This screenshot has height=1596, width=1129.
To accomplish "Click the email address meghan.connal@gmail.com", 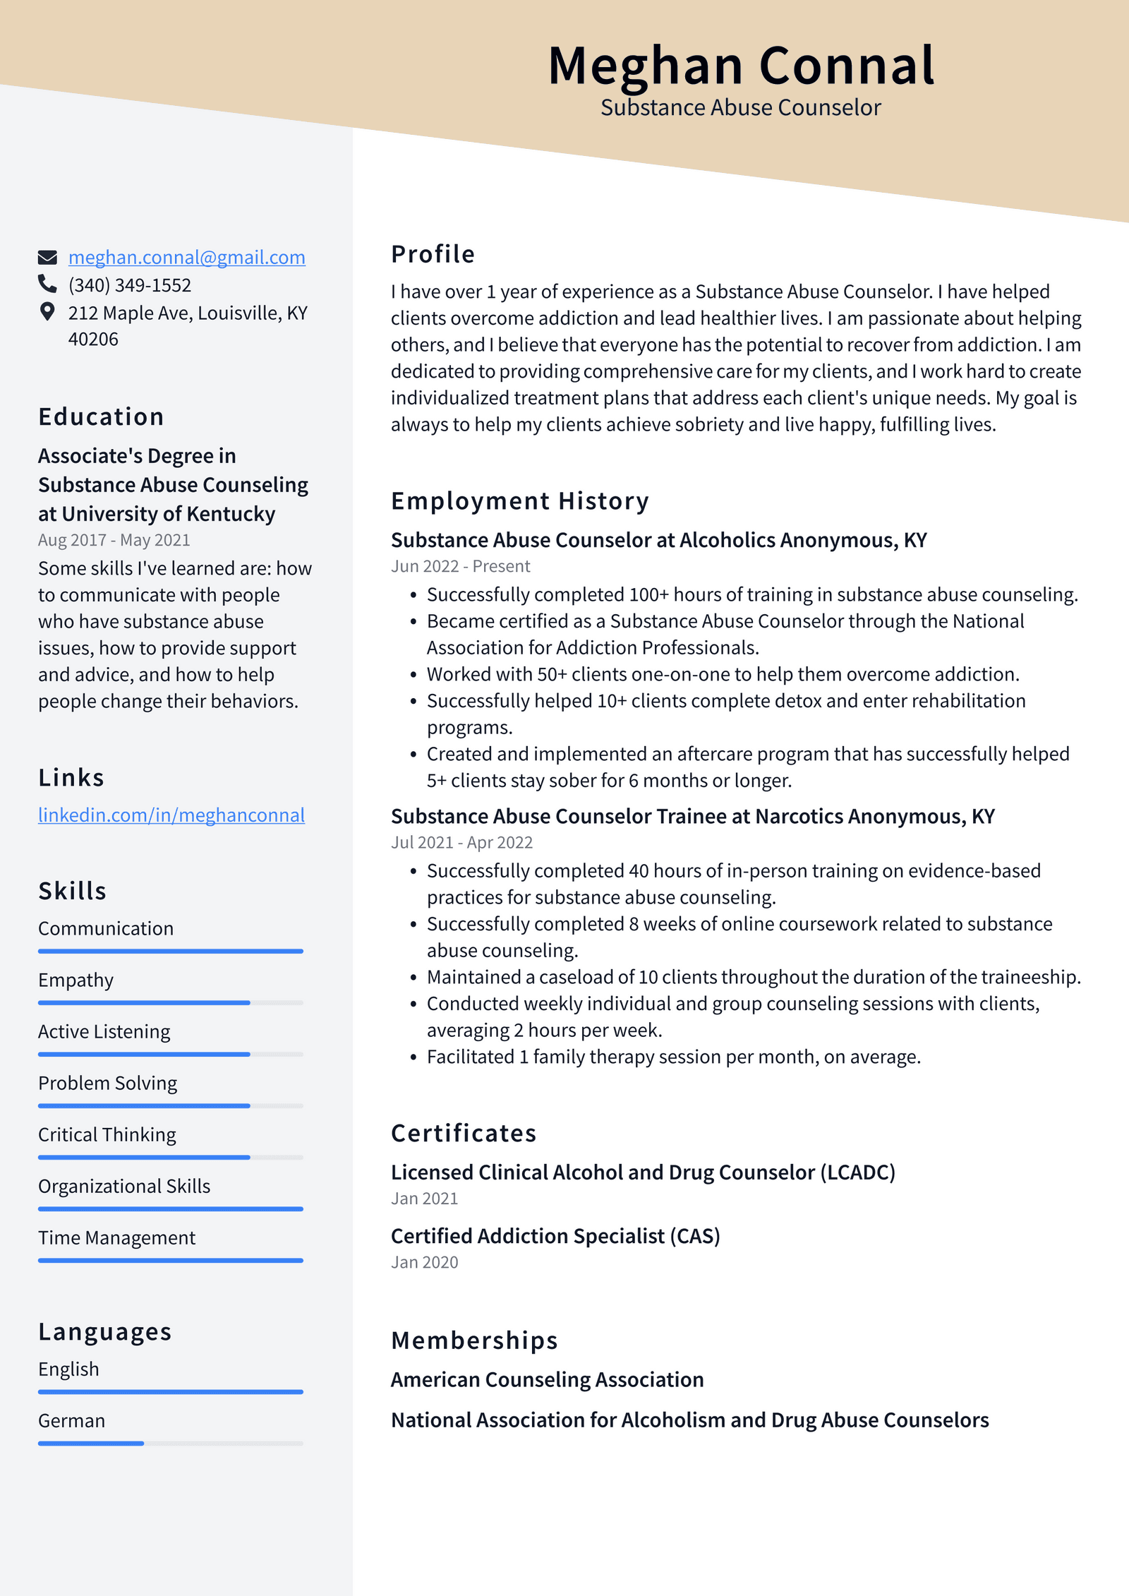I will point(186,258).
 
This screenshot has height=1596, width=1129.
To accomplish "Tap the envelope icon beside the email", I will point(47,257).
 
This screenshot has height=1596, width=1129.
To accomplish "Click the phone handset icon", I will point(47,284).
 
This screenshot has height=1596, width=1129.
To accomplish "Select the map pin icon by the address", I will point(47,312).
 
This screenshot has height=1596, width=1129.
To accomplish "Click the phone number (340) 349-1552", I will point(130,285).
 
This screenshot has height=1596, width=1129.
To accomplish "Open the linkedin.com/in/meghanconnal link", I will point(171,815).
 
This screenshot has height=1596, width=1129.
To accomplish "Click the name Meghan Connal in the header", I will point(741,66).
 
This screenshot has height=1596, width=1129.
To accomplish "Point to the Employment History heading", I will point(519,501).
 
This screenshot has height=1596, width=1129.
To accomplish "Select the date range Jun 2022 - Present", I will point(460,566).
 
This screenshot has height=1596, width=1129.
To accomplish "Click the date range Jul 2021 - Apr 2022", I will point(461,842).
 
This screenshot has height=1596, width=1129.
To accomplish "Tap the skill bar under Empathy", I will point(170,1002).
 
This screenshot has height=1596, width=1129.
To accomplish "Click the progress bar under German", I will point(170,1444).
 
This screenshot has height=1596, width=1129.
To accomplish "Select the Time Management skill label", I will point(116,1238).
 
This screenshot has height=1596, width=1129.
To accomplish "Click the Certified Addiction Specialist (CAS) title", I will point(555,1236).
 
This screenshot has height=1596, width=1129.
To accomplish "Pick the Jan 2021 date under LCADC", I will point(424,1199).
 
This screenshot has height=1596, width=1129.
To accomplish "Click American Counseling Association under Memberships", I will point(547,1379).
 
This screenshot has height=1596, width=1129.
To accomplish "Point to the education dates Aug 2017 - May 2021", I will point(114,540).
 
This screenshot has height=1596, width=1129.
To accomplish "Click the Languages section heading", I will point(104,1332).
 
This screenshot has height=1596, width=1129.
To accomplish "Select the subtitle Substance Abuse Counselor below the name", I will point(740,108).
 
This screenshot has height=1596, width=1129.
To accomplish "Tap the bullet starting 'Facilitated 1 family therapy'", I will point(673,1057).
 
